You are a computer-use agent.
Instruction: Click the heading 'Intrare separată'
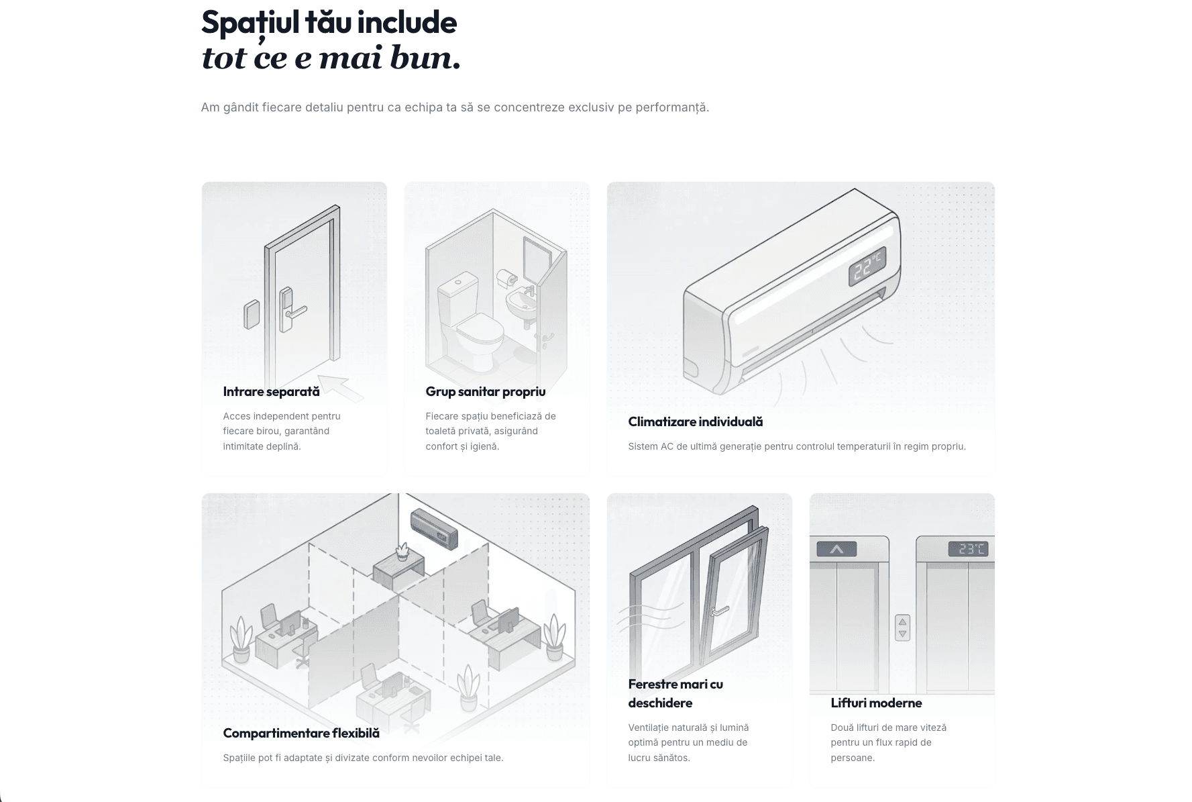pos(271,391)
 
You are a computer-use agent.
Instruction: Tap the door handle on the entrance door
pos(296,311)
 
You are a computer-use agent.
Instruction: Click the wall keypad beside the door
pos(252,314)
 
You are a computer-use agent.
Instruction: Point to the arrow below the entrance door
pos(340,389)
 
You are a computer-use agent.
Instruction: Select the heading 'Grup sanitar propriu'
pos(486,391)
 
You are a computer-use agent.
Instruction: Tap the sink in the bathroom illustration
pos(521,303)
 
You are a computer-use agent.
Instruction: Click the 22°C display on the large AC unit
pos(867,266)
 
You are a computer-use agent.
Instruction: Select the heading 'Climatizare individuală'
pos(696,421)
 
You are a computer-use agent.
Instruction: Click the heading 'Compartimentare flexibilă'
pos(301,733)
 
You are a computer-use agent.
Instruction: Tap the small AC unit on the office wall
pos(434,528)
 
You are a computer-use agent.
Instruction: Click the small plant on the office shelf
pos(402,552)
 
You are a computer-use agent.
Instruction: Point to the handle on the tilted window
pos(720,611)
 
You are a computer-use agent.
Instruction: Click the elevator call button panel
pos(902,628)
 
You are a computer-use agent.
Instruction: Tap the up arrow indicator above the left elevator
pos(836,549)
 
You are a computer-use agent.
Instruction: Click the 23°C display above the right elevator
pos(968,549)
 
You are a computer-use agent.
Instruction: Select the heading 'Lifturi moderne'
pos(876,703)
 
